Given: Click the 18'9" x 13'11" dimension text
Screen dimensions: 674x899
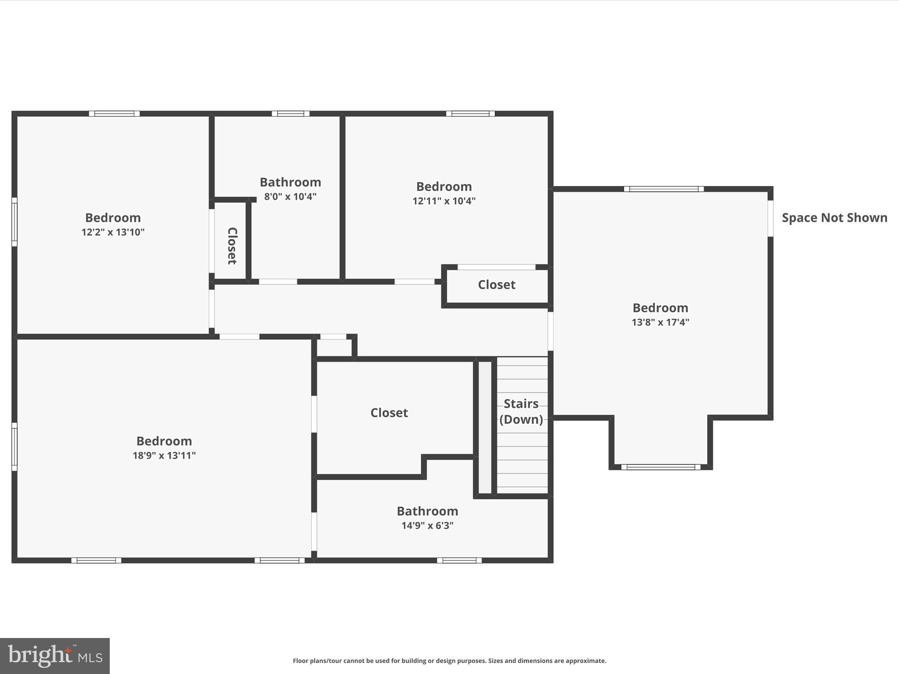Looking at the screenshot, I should coord(164,455).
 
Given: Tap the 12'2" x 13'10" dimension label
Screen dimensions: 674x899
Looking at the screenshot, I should coord(113,232).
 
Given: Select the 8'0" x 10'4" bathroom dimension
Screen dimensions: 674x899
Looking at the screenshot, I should coord(290,197).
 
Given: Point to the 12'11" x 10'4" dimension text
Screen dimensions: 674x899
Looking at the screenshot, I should coord(444,201).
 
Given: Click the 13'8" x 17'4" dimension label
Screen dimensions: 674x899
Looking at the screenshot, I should coord(660,322).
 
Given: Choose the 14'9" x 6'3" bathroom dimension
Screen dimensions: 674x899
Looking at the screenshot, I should coord(427,525).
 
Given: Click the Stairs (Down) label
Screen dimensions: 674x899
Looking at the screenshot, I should coord(521,412).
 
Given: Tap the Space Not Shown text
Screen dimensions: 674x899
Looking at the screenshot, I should coord(834,218).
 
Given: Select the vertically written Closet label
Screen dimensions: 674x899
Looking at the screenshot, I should coord(232,246).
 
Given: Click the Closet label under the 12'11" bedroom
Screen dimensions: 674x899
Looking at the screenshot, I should coord(496,285).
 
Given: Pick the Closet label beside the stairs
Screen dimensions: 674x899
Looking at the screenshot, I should coord(389,413).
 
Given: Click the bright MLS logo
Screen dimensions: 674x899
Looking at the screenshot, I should coord(55,656).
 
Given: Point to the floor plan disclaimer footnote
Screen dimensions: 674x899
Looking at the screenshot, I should coord(449,660).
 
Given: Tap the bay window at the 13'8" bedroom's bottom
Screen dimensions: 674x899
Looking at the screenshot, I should coord(661,467).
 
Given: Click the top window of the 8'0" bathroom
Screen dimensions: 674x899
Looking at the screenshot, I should coord(290,114).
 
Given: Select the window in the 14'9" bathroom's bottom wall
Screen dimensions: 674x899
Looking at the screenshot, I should coord(459,560).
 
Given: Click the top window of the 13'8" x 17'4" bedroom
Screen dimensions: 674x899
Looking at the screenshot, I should coord(664,189).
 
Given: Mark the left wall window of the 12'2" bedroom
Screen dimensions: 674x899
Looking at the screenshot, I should coord(14,222).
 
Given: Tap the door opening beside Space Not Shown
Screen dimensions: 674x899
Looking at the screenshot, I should coord(770,219).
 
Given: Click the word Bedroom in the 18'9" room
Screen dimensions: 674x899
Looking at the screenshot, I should coord(164,441).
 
